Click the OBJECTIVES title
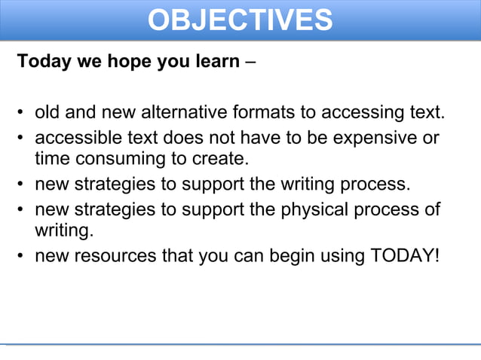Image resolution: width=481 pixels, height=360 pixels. pyautogui.click(x=240, y=20)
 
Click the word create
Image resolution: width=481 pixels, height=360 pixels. pyautogui.click(x=220, y=159)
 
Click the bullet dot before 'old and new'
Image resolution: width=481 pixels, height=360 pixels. pyautogui.click(x=21, y=114)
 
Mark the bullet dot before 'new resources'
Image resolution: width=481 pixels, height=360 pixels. pyautogui.click(x=21, y=256)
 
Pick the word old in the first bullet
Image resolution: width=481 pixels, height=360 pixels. pyautogui.click(x=47, y=114)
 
